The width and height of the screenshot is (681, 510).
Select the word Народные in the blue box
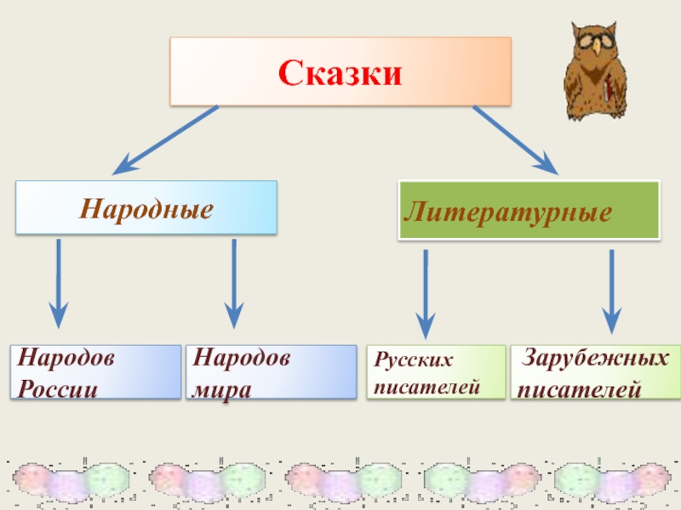click(146, 207)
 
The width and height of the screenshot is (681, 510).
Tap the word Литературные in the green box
click(507, 209)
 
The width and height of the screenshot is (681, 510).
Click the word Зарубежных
click(595, 359)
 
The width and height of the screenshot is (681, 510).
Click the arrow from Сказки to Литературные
click(516, 139)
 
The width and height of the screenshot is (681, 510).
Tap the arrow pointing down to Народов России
click(58, 285)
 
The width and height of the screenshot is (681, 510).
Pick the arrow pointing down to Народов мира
click(234, 285)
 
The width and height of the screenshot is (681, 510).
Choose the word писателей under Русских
click(426, 386)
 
